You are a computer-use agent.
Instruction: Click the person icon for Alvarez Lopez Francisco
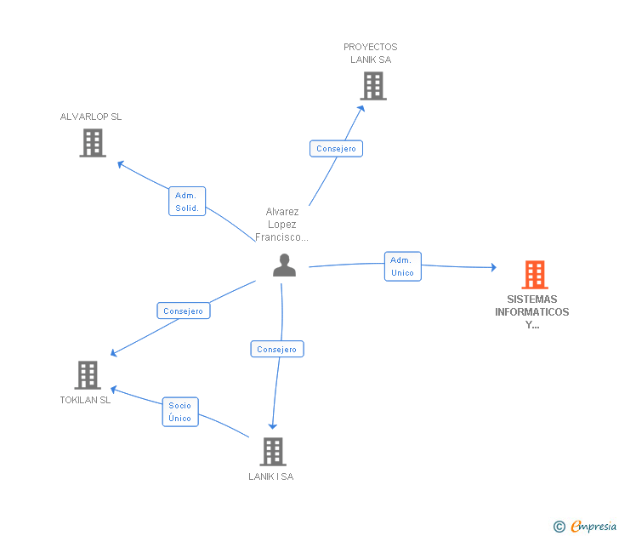tap(284, 265)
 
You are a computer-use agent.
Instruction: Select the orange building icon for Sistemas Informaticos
tap(534, 275)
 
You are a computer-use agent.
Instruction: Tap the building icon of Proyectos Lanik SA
tap(372, 86)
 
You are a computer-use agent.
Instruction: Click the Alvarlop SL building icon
tap(93, 143)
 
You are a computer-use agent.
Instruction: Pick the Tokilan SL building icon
tap(87, 375)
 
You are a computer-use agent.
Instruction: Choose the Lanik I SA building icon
tap(272, 452)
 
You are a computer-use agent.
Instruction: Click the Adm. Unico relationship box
tap(402, 266)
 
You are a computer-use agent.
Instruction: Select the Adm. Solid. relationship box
tap(187, 202)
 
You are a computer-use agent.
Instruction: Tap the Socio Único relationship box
tap(179, 412)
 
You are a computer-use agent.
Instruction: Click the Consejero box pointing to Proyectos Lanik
tap(336, 149)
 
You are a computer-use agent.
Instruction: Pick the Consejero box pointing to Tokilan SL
tap(183, 311)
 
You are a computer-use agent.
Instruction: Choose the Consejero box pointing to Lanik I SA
tap(276, 349)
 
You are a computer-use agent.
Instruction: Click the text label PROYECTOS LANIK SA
tap(371, 53)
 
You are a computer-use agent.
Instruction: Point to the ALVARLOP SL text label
tap(91, 117)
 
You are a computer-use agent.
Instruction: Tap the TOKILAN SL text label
tap(85, 400)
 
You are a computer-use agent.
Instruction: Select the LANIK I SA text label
tap(271, 476)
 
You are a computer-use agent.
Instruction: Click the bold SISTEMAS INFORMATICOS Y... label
tap(532, 311)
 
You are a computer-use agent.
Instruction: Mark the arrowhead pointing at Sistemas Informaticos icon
tap(492, 268)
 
